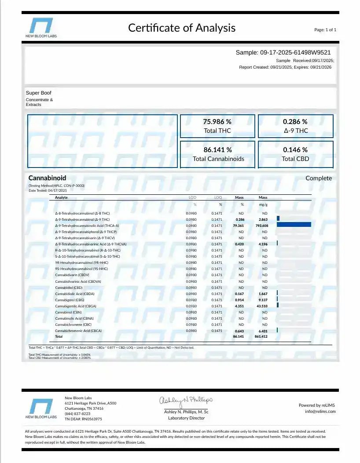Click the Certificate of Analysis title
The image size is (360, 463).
tap(182, 28)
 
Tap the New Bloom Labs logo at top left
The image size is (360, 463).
tap(41, 27)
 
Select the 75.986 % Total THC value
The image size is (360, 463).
tap(217, 122)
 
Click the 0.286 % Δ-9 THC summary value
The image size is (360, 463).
tap(295, 122)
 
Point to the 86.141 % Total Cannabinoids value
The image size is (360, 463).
tap(217, 150)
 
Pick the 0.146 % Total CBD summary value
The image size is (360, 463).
tap(295, 150)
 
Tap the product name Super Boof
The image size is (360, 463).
tap(39, 93)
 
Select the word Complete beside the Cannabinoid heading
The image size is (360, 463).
tap(319, 178)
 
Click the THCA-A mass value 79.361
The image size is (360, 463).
tap(238, 226)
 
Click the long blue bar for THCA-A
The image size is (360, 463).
tap(294, 225)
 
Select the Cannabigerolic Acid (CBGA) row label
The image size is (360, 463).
tap(75, 306)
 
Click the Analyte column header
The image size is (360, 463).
tap(61, 198)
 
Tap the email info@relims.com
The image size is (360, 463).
tap(320, 412)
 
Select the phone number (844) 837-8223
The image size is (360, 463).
tap(77, 414)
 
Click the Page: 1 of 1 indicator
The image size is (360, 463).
tap(325, 30)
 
